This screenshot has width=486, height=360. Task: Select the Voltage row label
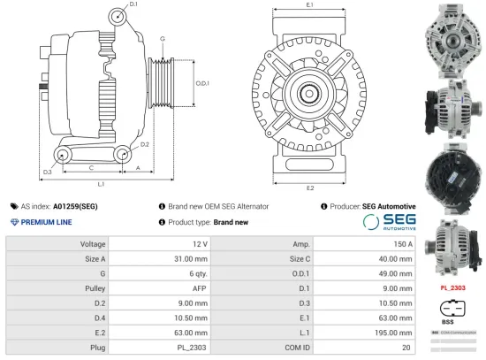pyautogui.click(x=93, y=243)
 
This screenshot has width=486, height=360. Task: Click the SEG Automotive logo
pyautogui.click(x=388, y=222)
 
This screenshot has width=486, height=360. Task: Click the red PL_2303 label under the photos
pyautogui.click(x=452, y=287)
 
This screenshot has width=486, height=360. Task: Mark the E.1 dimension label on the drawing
pyautogui.click(x=310, y=6)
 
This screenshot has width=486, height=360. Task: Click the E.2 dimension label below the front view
pyautogui.click(x=310, y=188)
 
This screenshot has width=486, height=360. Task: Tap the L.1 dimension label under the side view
pyautogui.click(x=102, y=184)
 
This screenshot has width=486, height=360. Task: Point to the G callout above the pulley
pyautogui.click(x=163, y=39)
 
